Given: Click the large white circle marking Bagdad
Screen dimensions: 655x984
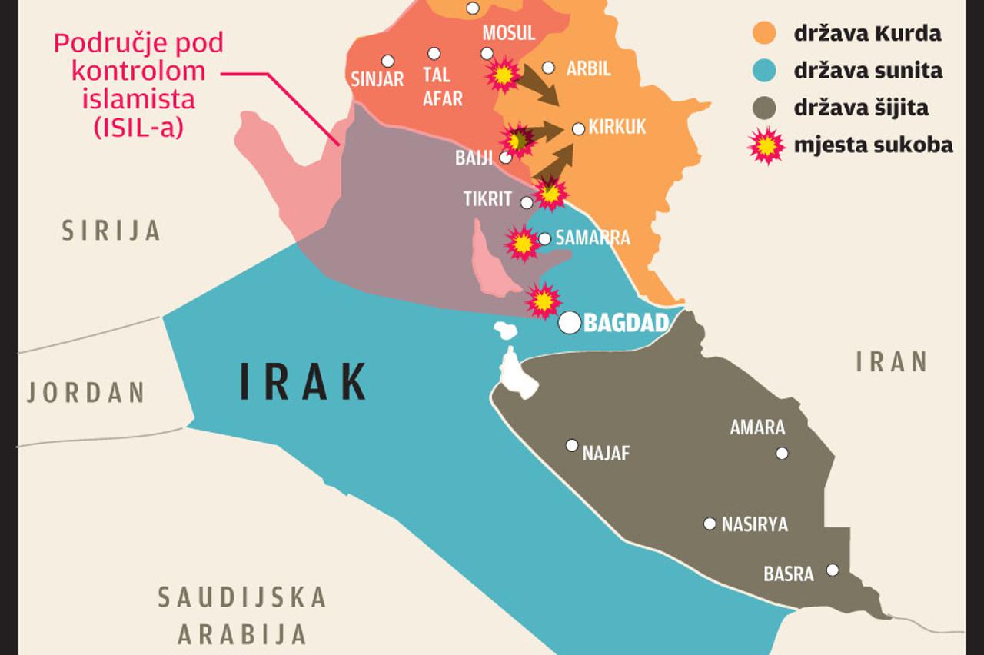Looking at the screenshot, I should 570,322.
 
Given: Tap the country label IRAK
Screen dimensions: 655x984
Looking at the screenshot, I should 304,382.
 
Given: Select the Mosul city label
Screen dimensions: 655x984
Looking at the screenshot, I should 508,32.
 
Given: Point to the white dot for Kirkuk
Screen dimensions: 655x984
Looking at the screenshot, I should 578,128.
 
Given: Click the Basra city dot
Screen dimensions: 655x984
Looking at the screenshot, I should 832,570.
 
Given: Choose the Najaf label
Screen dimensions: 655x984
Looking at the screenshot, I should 606,454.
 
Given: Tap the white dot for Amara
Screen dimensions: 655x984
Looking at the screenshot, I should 782,453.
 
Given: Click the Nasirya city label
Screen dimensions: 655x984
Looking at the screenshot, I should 754,525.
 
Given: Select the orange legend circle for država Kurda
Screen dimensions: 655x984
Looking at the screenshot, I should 766,33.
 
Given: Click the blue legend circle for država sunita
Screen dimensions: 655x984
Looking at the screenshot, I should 766,71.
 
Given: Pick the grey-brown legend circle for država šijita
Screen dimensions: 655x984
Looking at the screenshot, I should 766,108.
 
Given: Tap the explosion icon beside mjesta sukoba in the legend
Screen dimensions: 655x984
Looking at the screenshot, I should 766,145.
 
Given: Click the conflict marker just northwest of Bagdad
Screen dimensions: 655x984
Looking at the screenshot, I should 544,301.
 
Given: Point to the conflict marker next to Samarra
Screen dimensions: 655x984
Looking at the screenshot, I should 522,243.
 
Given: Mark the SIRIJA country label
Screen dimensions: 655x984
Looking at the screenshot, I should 111,230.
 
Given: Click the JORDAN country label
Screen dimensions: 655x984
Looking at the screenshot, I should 86,392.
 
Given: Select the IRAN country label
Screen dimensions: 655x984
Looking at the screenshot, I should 893,361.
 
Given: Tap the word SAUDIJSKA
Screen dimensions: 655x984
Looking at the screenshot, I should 242,597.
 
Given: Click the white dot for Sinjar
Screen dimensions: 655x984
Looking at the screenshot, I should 387,61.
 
